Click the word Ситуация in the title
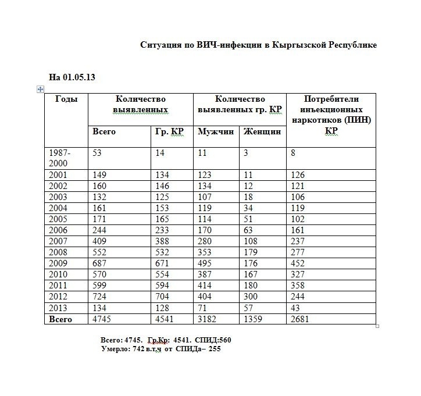click(159, 45)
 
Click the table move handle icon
click(40, 88)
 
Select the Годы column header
click(66, 99)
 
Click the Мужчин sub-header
click(215, 131)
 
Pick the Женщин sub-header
click(262, 131)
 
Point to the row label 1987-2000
click(61, 158)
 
